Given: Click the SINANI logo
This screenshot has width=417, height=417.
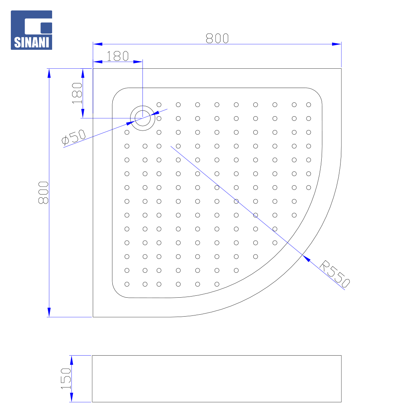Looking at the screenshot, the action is point(31,30).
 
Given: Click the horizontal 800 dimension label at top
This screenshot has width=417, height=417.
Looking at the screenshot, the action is point(217,38).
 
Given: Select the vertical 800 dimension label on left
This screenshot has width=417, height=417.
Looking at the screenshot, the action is point(43,193).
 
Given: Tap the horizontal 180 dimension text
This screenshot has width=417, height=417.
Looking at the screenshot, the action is point(117,56).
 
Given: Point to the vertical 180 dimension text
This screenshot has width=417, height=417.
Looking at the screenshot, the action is point(77,93).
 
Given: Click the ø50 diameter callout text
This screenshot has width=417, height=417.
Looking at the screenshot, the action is point(74,137).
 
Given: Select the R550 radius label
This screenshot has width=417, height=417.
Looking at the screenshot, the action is point(334,274).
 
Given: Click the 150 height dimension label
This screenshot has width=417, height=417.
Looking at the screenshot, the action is point(66,379).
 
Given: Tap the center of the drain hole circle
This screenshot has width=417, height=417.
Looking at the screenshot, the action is point(142,118).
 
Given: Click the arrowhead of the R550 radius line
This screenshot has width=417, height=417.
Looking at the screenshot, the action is point(306,258).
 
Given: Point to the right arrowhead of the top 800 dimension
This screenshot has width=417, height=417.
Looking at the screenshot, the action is point(337,44).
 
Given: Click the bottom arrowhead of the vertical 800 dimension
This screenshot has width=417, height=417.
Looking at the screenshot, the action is point(49,312).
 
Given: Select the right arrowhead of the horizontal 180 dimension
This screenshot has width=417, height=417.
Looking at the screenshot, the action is point(138,62).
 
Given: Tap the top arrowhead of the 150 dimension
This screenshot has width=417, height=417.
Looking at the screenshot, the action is point(71,360).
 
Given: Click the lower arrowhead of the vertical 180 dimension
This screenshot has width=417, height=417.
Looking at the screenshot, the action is point(83,113).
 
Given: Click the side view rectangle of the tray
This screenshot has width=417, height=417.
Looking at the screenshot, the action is point(217,379).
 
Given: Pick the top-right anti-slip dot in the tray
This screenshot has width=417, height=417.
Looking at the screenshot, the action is point(309,105).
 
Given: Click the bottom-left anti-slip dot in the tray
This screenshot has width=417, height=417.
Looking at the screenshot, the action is point(127,284).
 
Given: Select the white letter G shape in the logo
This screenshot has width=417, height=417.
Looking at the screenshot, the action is point(38,26).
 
